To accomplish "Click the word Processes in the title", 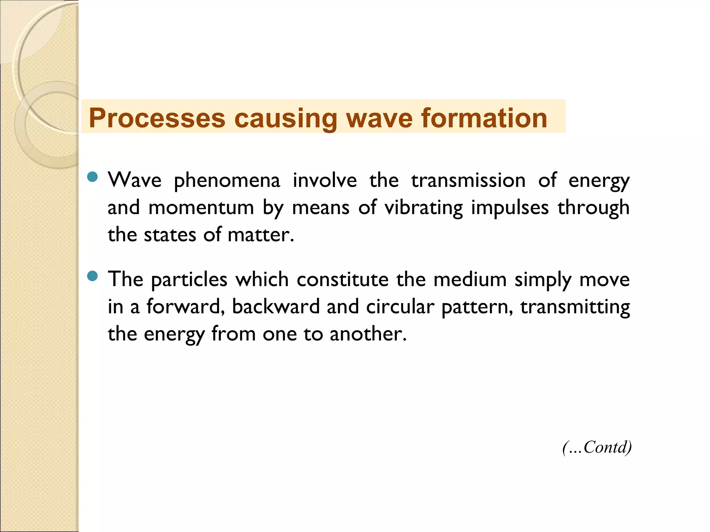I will (x=157, y=118).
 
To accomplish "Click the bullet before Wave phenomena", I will (x=93, y=177).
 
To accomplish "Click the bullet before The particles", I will (x=93, y=276).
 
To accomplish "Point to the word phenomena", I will (x=227, y=181).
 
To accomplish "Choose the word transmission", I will (x=468, y=180).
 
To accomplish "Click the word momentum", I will (x=201, y=208).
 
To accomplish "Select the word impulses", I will (x=510, y=208).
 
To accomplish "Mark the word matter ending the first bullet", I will (x=260, y=235).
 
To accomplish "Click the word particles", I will (x=189, y=280).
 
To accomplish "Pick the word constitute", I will (x=343, y=280).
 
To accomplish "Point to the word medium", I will (x=470, y=280).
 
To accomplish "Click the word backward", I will (x=276, y=307).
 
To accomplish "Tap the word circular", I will (x=400, y=307).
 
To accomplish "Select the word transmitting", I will (x=575, y=307).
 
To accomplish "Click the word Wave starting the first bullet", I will (x=135, y=180).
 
